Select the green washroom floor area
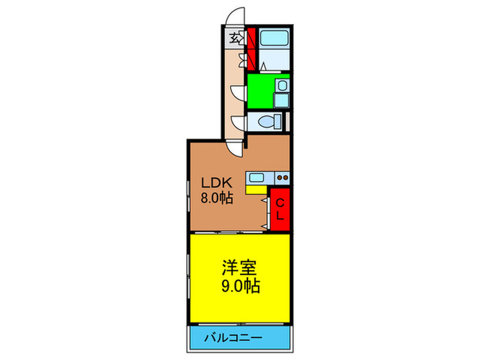coord(259,91)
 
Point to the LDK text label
coord(216,183)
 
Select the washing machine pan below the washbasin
coord(281,100)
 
